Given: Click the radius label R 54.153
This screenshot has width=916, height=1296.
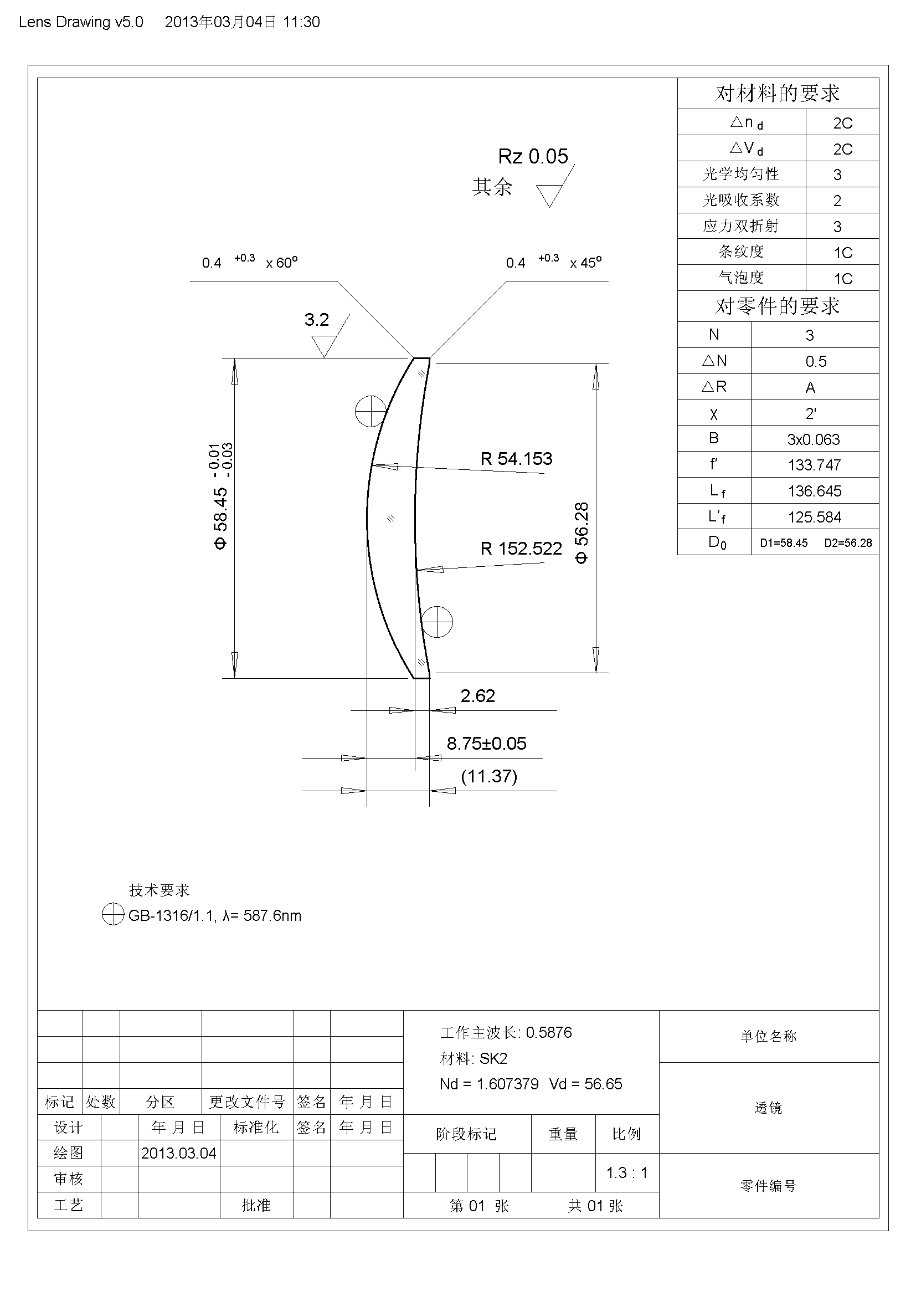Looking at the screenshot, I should (516, 459).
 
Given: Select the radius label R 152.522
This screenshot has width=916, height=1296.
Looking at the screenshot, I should (521, 549).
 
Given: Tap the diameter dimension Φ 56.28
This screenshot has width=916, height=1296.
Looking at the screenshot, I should (581, 532).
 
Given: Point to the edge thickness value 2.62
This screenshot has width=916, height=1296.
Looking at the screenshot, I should (478, 696).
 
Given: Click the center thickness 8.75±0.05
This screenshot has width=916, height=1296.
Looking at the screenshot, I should (486, 744).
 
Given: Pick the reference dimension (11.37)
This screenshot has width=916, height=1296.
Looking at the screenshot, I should (489, 776).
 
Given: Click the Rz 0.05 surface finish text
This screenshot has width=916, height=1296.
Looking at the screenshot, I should (533, 156).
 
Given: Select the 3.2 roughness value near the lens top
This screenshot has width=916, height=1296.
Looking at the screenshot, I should (316, 320).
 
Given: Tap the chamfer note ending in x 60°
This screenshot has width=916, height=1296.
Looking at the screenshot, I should (249, 262).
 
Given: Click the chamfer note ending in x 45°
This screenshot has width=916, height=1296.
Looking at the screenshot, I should (553, 262).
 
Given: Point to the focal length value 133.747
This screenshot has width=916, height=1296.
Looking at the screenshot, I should (815, 465).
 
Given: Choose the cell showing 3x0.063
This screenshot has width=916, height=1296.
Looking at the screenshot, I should (814, 439).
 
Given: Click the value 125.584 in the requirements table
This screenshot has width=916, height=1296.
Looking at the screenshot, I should (815, 517).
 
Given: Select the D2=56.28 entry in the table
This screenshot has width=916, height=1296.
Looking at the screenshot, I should (848, 543).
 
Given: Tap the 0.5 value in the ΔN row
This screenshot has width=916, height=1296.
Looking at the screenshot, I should (816, 361).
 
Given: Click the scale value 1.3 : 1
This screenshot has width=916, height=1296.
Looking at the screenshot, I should (627, 1173).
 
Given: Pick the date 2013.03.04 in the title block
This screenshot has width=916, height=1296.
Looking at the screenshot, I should (178, 1153).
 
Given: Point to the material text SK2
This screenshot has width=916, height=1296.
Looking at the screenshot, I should (493, 1059).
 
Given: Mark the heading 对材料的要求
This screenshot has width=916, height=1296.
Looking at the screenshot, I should (777, 94).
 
